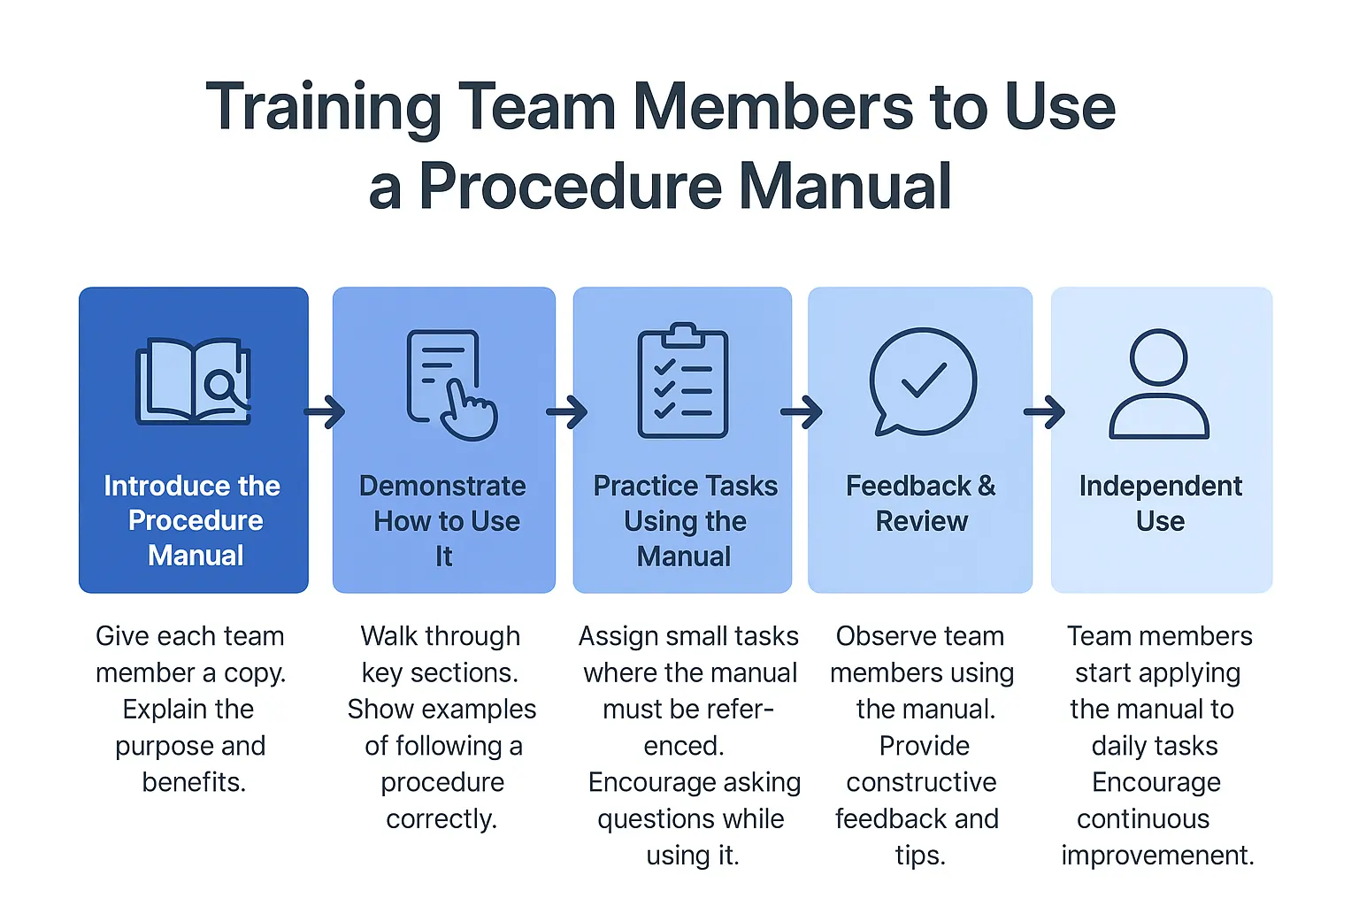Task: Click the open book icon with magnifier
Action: [193, 381]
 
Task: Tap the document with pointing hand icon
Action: [450, 385]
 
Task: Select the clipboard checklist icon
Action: [683, 381]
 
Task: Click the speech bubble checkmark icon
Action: [922, 381]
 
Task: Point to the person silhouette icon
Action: [1159, 384]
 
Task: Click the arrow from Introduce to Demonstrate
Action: [324, 411]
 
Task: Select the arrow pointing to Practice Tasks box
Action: [567, 411]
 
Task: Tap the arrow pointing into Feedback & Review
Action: [802, 411]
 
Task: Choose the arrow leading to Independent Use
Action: [1044, 411]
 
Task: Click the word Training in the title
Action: [323, 108]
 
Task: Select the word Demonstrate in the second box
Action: [442, 486]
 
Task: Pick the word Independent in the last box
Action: [1160, 486]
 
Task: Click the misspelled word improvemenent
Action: [1157, 856]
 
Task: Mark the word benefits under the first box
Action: [193, 782]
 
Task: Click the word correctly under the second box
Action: [441, 819]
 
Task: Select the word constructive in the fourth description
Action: [921, 782]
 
